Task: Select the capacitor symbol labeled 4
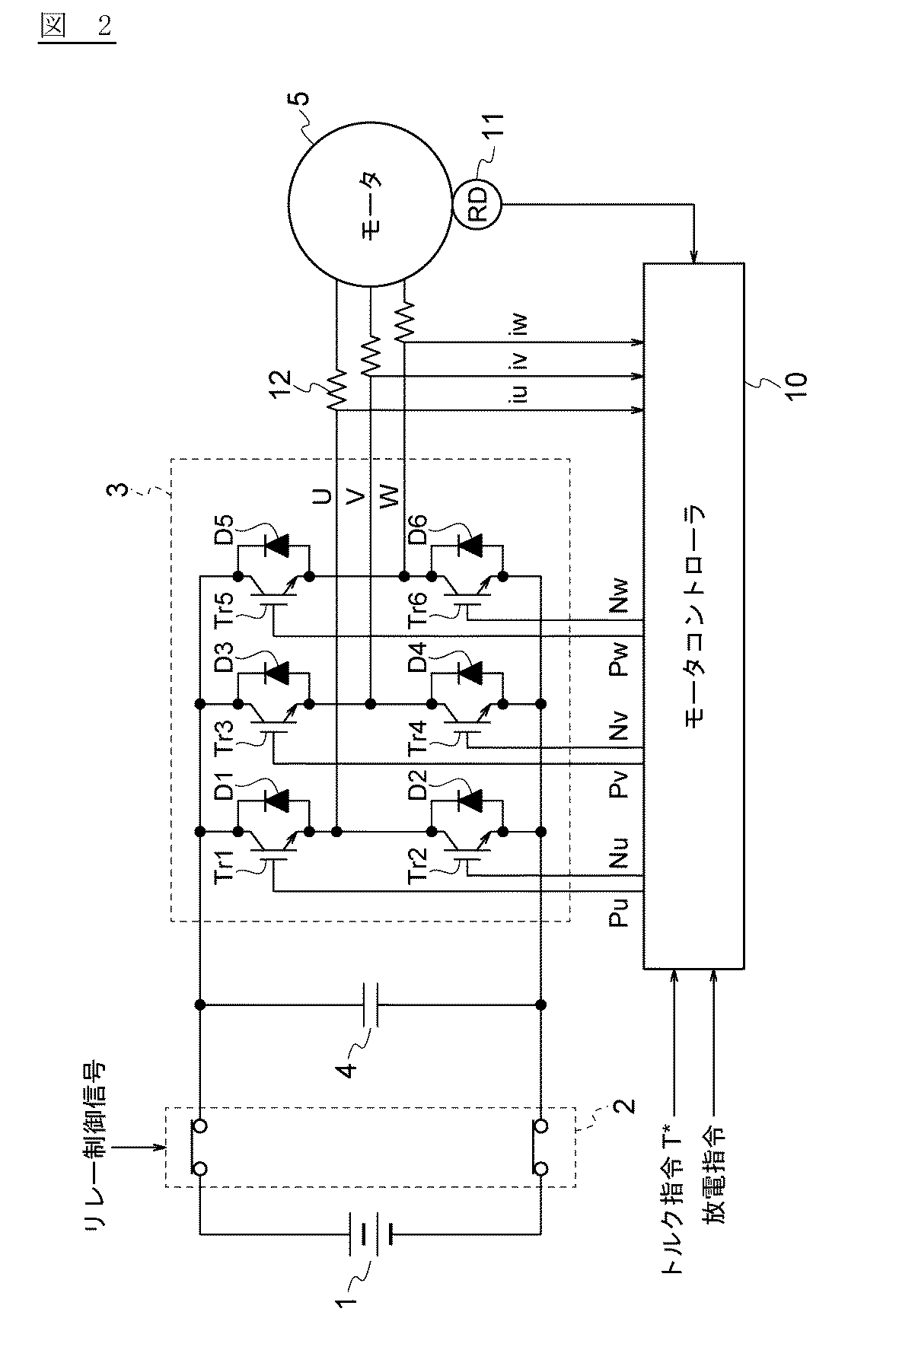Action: [369, 1005]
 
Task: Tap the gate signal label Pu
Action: [620, 910]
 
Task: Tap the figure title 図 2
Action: [75, 27]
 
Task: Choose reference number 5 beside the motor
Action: [302, 99]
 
